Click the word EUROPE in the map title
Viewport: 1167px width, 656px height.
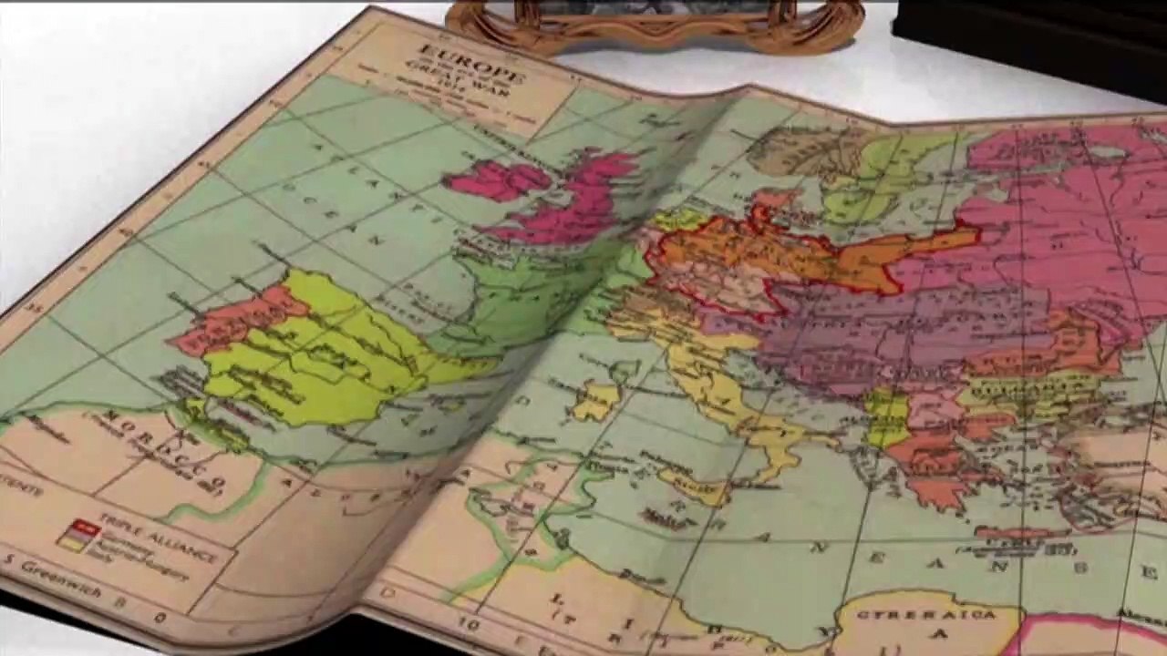[x=471, y=61]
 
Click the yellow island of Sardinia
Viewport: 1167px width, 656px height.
[x=597, y=401]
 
